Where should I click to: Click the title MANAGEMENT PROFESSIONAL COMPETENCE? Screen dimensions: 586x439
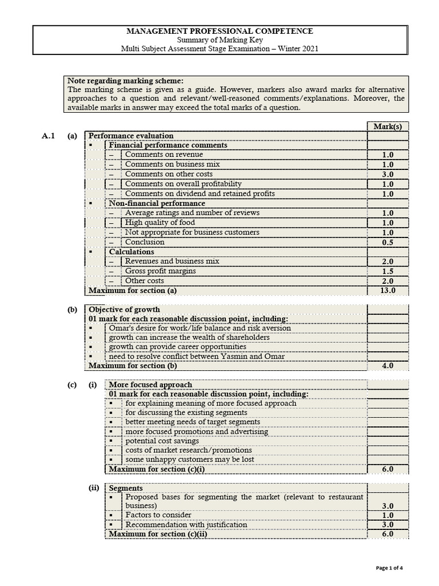click(219, 31)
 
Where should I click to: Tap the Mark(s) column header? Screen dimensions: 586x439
click(388, 126)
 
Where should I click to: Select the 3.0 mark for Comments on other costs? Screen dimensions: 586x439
click(388, 175)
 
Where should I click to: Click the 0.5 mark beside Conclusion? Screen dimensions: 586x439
click(388, 243)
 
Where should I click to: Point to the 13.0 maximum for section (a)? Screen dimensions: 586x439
click(388, 291)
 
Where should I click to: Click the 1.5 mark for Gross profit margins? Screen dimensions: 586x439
click(388, 271)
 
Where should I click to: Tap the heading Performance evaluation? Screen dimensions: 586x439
click(131, 136)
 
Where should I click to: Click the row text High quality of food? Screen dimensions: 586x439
click(159, 223)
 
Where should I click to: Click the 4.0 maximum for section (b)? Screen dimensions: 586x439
click(388, 366)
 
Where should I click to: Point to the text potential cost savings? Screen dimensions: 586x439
click(162, 441)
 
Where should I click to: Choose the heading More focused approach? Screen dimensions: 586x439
click(150, 385)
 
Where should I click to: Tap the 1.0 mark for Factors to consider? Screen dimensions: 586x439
click(388, 516)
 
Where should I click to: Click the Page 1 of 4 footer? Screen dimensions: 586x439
click(393, 568)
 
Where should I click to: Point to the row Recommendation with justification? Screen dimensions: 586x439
click(186, 525)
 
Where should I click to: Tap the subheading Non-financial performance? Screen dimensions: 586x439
click(157, 203)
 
